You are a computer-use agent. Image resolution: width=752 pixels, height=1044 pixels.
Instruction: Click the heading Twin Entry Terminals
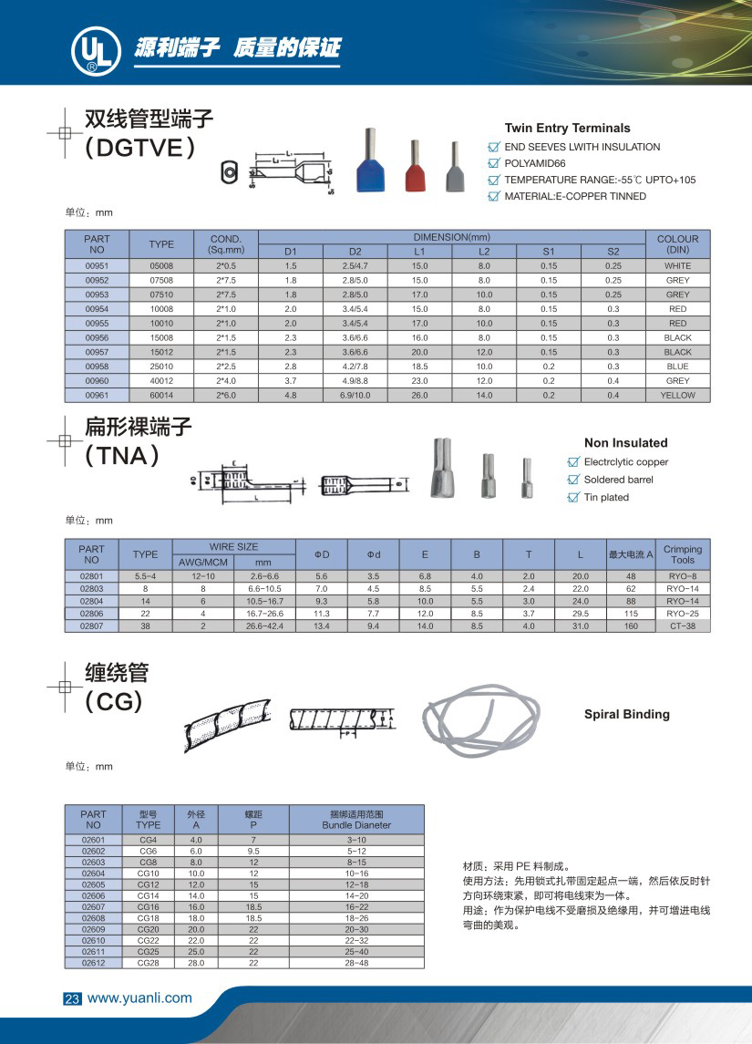pos(567,129)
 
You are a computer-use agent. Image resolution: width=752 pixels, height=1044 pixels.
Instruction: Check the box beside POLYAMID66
pos(494,163)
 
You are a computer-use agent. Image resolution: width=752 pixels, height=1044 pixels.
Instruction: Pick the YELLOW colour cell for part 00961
pos(677,396)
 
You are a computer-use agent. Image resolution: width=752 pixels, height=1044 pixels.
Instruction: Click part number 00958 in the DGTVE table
pos(97,367)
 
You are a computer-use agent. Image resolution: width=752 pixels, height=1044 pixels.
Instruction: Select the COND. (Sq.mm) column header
pos(226,243)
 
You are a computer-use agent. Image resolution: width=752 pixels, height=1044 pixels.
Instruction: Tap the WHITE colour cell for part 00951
pos(677,266)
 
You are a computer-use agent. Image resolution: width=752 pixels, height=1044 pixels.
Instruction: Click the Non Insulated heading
pos(625,443)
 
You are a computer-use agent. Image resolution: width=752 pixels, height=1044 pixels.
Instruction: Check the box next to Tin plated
pos(573,497)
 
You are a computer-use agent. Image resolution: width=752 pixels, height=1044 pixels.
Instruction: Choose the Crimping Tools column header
pos(682,554)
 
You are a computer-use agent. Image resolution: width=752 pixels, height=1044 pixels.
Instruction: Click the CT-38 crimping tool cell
pos(682,626)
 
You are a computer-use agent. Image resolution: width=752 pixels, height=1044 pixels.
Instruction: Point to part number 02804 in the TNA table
pos(92,602)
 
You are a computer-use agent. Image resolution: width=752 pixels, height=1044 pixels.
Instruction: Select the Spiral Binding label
pos(626,715)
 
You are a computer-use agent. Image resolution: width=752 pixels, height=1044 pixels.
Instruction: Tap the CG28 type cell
pos(148,963)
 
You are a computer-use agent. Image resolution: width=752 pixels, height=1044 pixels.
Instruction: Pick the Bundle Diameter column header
pos(356,819)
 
